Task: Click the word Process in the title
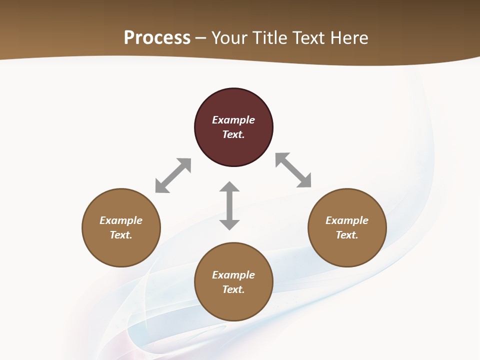coord(157,38)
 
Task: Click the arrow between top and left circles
coord(173,175)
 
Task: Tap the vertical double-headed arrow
coord(229,205)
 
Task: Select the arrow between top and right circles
coord(293,170)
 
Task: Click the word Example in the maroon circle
coord(233,120)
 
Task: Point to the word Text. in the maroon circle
coord(233,134)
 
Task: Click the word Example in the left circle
coord(121,220)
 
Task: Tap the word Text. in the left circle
coord(121,235)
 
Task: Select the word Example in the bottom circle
coord(233,275)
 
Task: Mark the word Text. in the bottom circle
coord(233,289)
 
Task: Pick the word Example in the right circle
coord(347,220)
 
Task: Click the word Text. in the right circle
coord(347,235)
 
